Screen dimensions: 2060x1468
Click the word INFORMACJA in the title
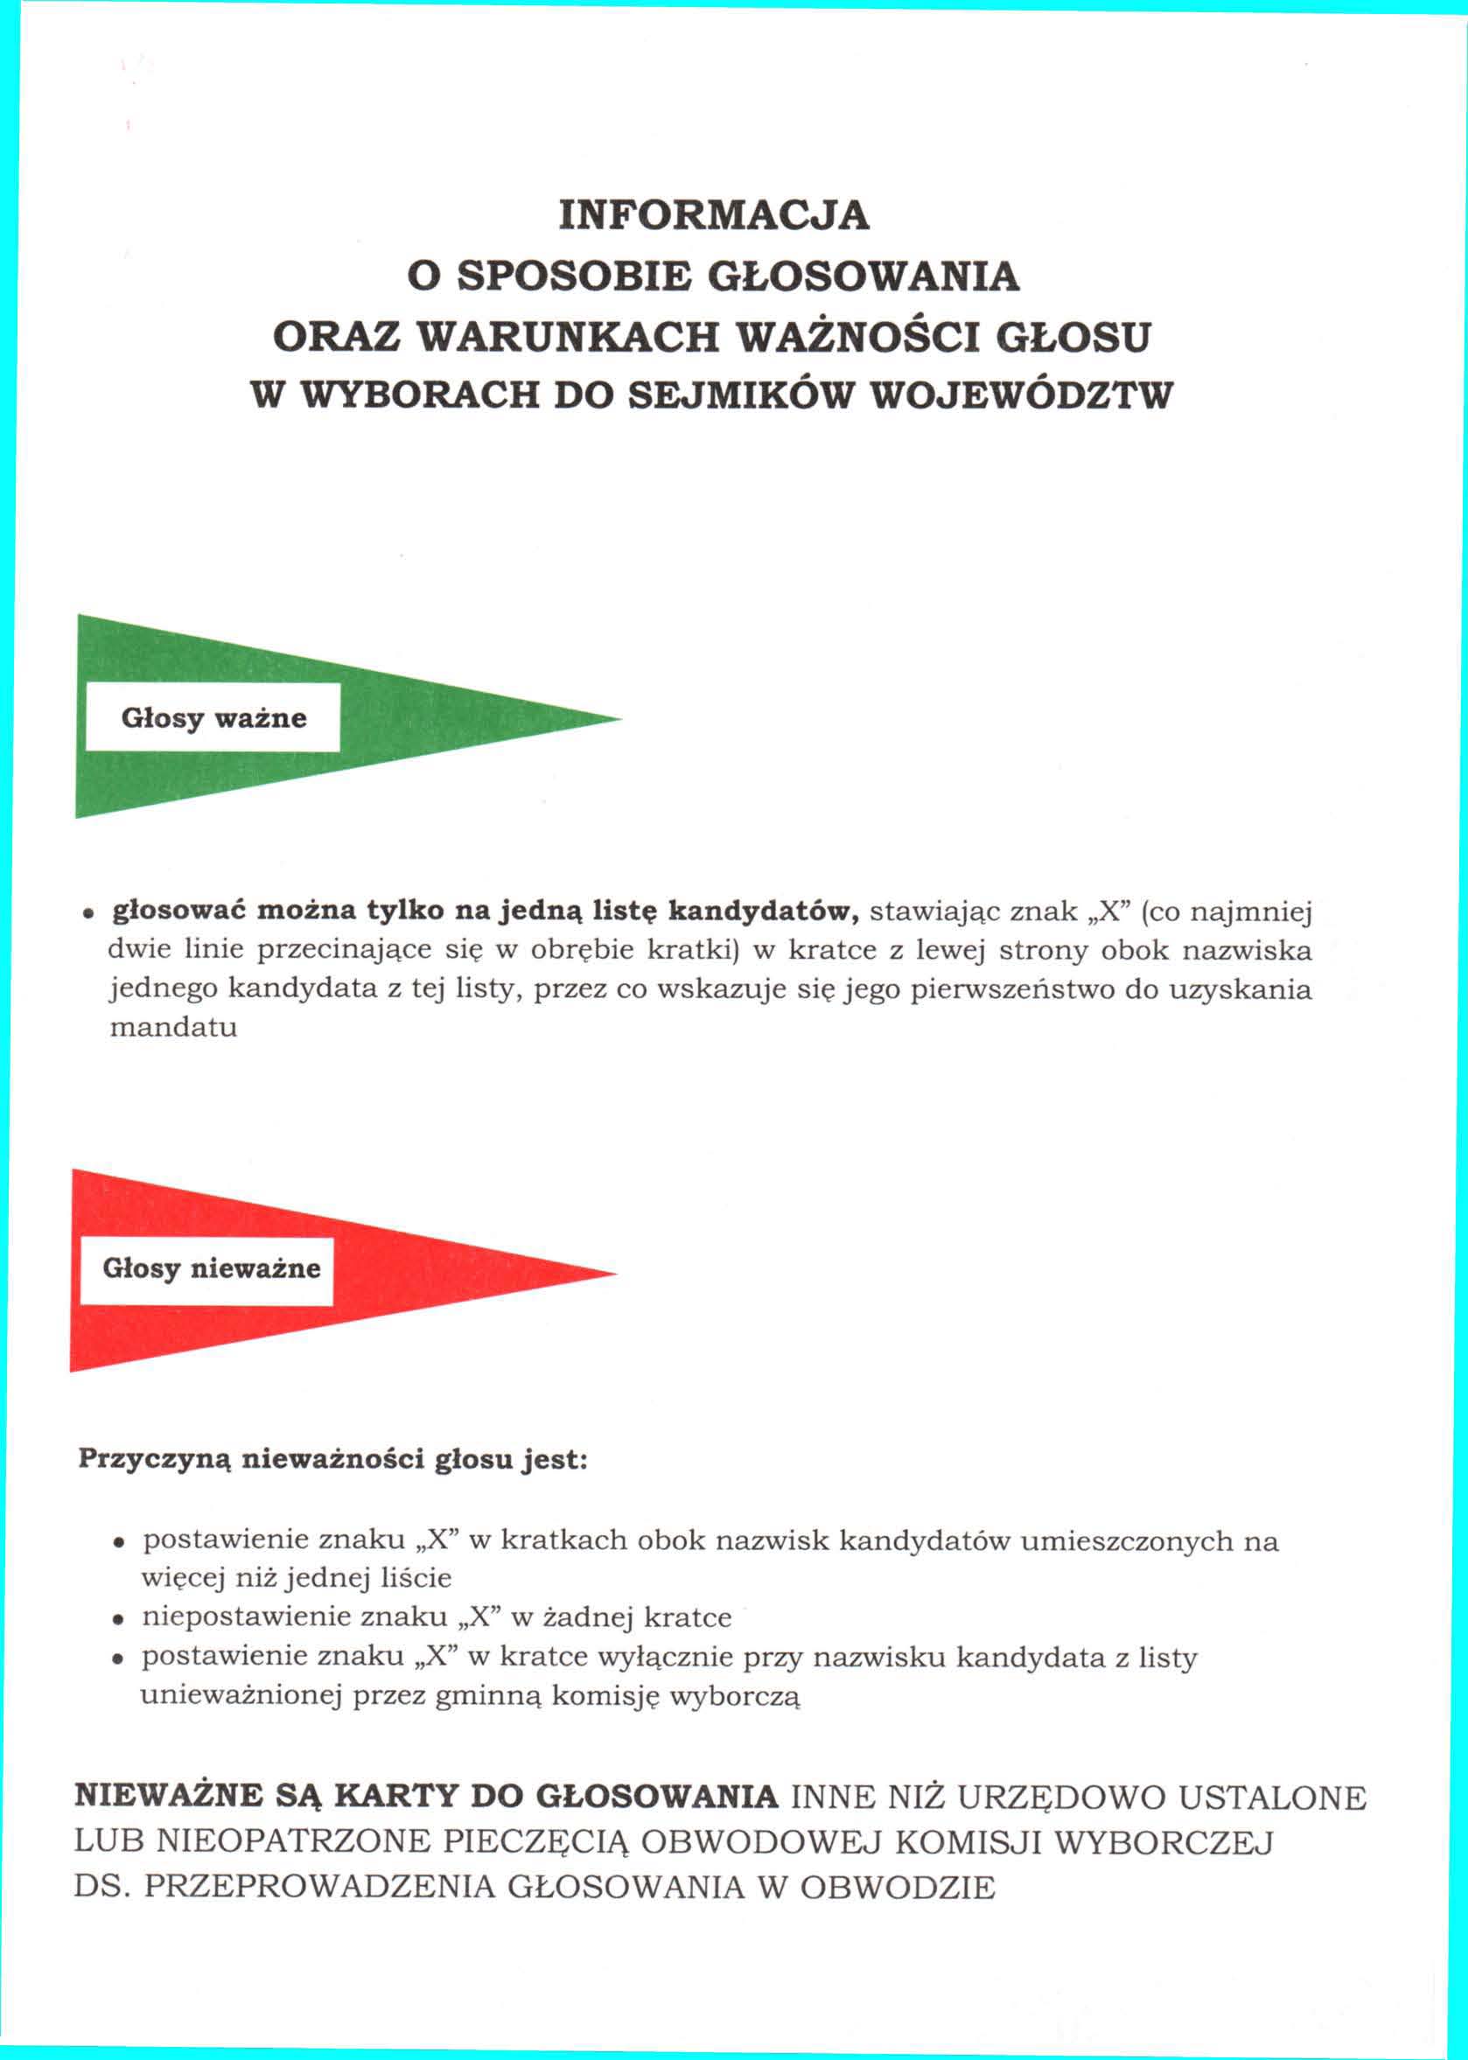tap(714, 215)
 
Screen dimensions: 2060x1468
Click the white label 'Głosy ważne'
tap(213, 717)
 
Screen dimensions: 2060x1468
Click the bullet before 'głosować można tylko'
tap(87, 914)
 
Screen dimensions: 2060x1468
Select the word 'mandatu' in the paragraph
tap(172, 1028)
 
